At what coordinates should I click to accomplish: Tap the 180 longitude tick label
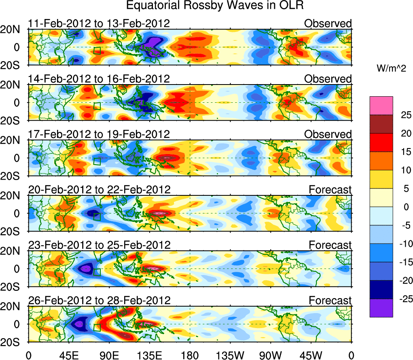pos(189,355)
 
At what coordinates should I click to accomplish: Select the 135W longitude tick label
pos(230,355)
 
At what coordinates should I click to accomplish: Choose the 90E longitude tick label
pos(109,355)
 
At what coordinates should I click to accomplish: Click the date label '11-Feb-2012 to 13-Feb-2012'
pos(99,23)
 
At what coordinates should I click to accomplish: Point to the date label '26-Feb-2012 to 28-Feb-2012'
pos(99,301)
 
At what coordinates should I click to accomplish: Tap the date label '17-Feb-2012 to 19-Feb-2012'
pos(99,134)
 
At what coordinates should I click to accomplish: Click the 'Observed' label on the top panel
pos(328,23)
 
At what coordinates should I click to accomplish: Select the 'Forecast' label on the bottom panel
pos(330,301)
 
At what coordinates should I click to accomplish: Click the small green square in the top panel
pos(97,51)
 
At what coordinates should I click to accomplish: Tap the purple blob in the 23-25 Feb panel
pos(85,268)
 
